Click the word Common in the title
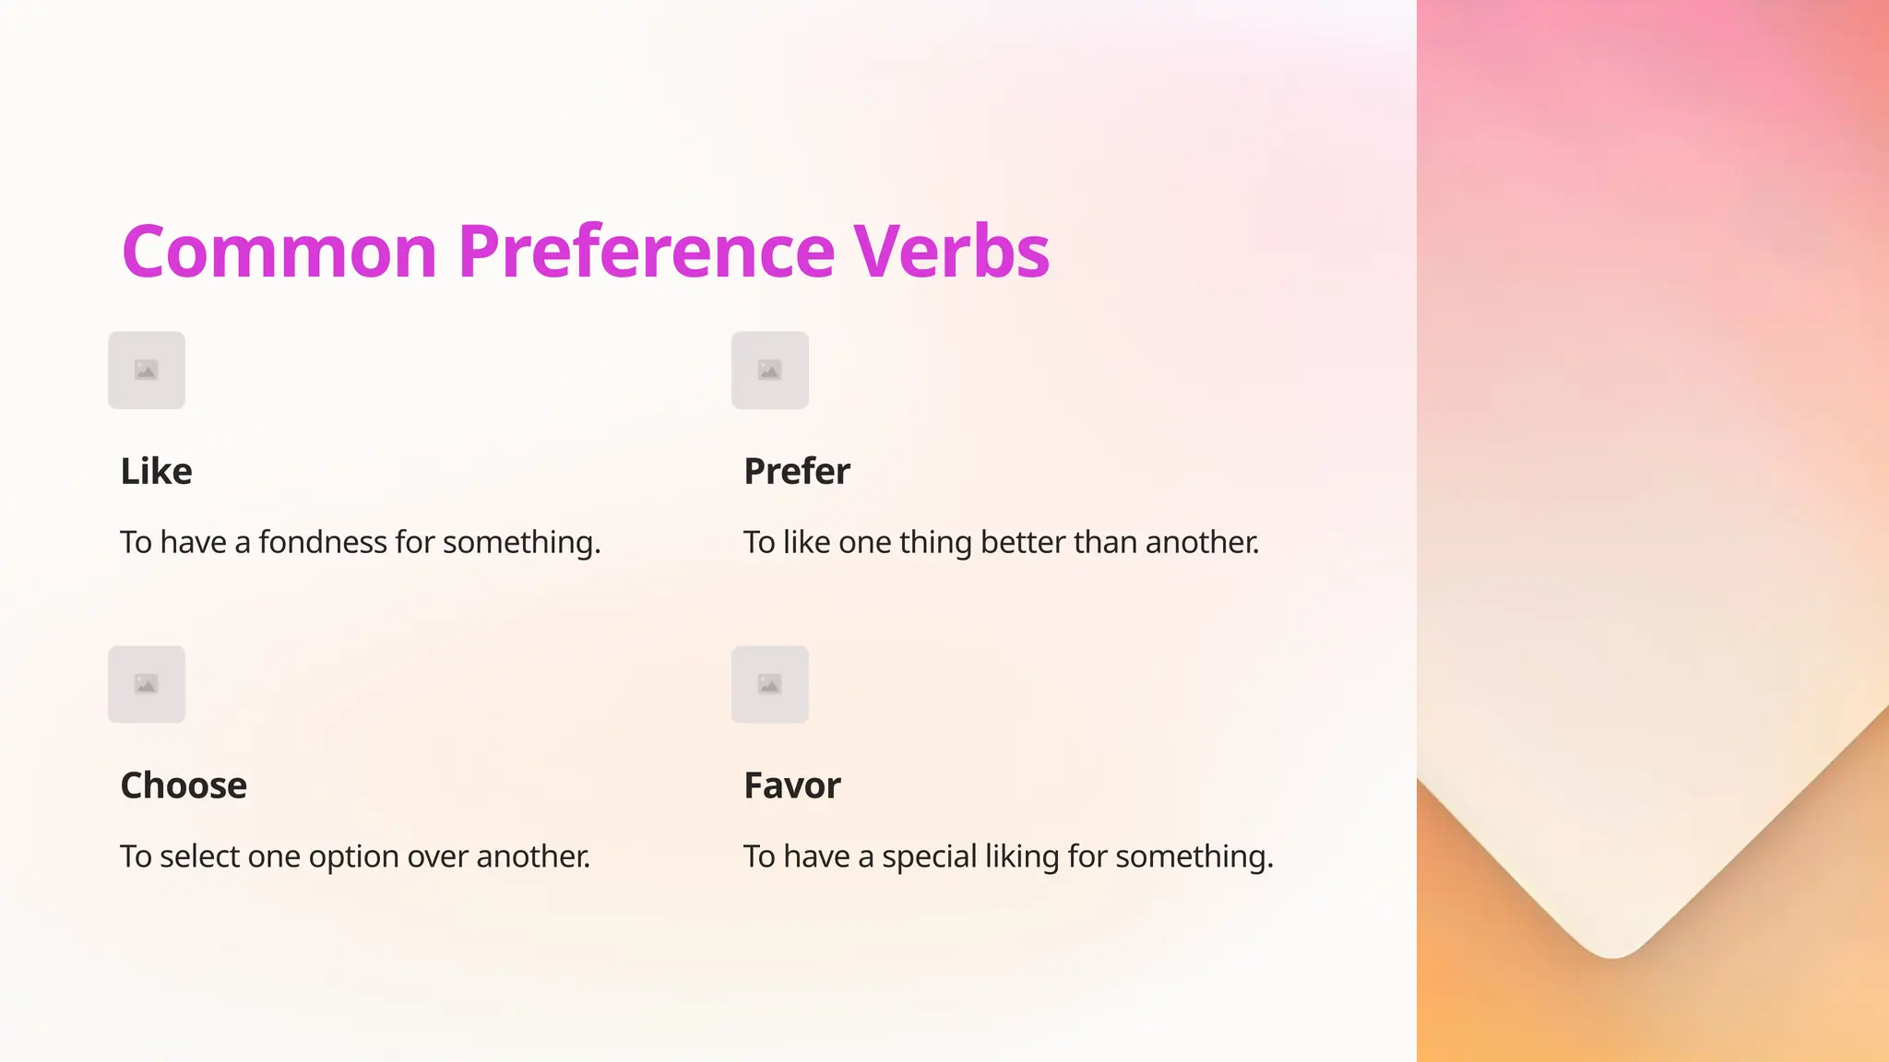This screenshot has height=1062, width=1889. click(279, 252)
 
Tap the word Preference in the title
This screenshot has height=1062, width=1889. click(646, 252)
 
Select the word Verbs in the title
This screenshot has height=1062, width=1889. click(951, 252)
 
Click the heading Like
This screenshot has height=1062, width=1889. click(156, 471)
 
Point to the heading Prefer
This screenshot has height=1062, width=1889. click(797, 471)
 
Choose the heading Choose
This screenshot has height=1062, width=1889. click(184, 785)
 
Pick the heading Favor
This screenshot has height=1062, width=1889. click(792, 785)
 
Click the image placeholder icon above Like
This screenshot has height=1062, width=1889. click(147, 371)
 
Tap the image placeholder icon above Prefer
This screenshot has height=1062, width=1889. click(770, 371)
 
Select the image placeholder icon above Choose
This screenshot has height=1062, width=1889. click(147, 685)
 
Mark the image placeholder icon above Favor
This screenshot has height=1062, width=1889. click(770, 685)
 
